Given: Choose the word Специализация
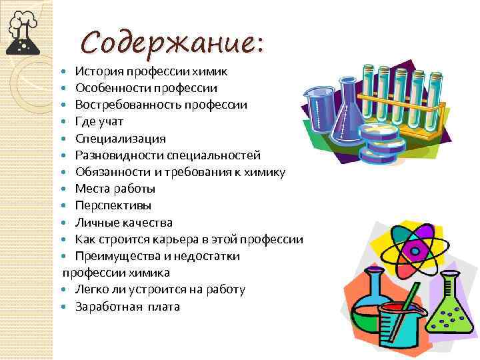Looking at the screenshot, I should pyautogui.click(x=120, y=139).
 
